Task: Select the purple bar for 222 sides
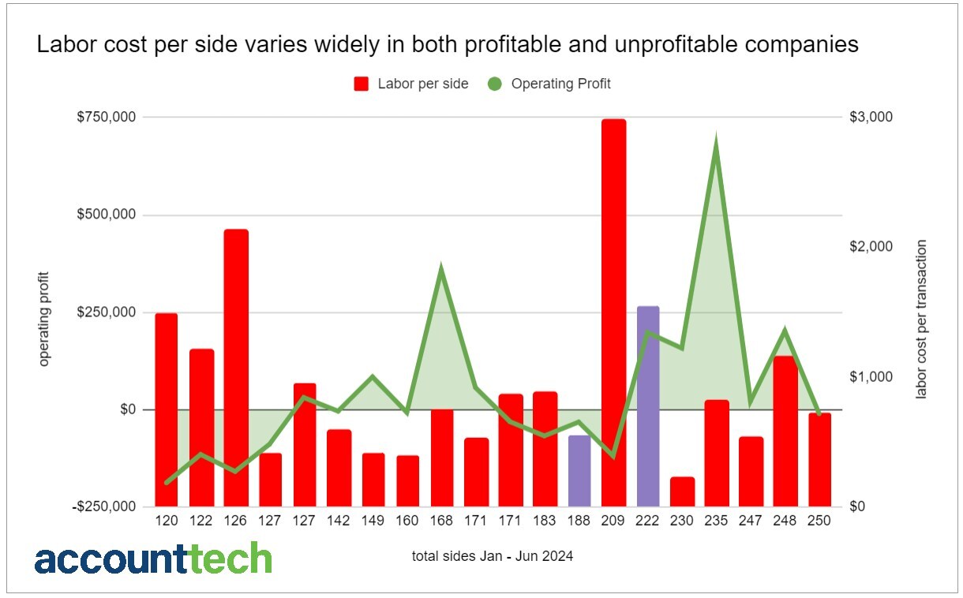pyautogui.click(x=648, y=406)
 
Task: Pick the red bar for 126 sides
pyautogui.click(x=236, y=368)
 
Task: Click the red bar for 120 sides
pyautogui.click(x=167, y=409)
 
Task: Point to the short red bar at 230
pyautogui.click(x=682, y=491)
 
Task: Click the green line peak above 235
pyautogui.click(x=716, y=141)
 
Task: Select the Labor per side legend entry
pyautogui.click(x=410, y=84)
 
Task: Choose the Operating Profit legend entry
pyautogui.click(x=549, y=84)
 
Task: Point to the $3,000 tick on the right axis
pyautogui.click(x=871, y=118)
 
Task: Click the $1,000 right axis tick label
pyautogui.click(x=871, y=377)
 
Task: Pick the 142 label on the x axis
pyautogui.click(x=339, y=521)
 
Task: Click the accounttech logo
pyautogui.click(x=153, y=558)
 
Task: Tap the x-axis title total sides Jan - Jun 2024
pyautogui.click(x=492, y=556)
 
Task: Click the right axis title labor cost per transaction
pyautogui.click(x=920, y=320)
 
